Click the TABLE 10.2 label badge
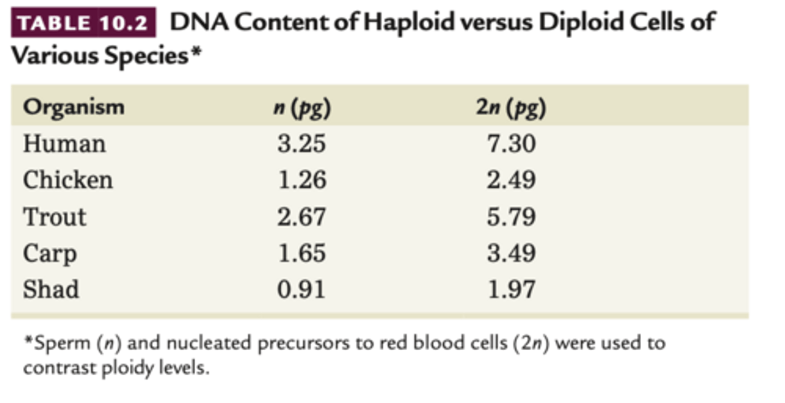point(83,23)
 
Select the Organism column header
point(74,107)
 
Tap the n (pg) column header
point(301,108)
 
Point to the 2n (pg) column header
point(511,108)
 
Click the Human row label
point(64,144)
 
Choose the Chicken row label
point(68,180)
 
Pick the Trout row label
point(55,217)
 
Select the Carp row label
point(50,254)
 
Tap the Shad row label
point(51,289)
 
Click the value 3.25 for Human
point(301,144)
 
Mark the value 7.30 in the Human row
point(511,144)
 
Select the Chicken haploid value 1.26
point(301,180)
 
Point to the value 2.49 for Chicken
point(511,180)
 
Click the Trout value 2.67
point(301,217)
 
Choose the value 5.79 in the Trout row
point(511,217)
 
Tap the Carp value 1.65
point(301,253)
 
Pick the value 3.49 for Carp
point(511,253)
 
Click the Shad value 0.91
point(301,289)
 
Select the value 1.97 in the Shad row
point(511,289)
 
